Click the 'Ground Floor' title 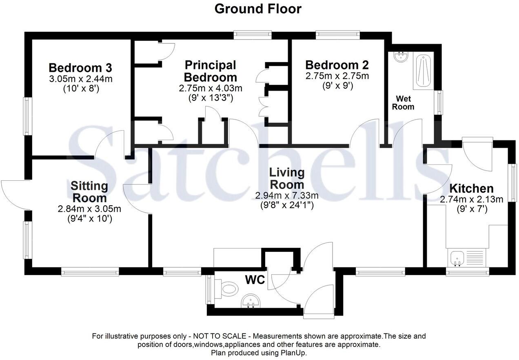[258, 9]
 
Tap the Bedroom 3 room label [80, 67]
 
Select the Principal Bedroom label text [210, 71]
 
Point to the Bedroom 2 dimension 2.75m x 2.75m [337, 76]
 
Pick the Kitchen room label [471, 189]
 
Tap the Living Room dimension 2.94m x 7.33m [287, 196]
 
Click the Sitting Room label [89, 192]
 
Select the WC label [255, 280]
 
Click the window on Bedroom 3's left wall [27, 116]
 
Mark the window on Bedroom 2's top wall [337, 36]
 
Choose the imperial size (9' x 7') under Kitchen [471, 208]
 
